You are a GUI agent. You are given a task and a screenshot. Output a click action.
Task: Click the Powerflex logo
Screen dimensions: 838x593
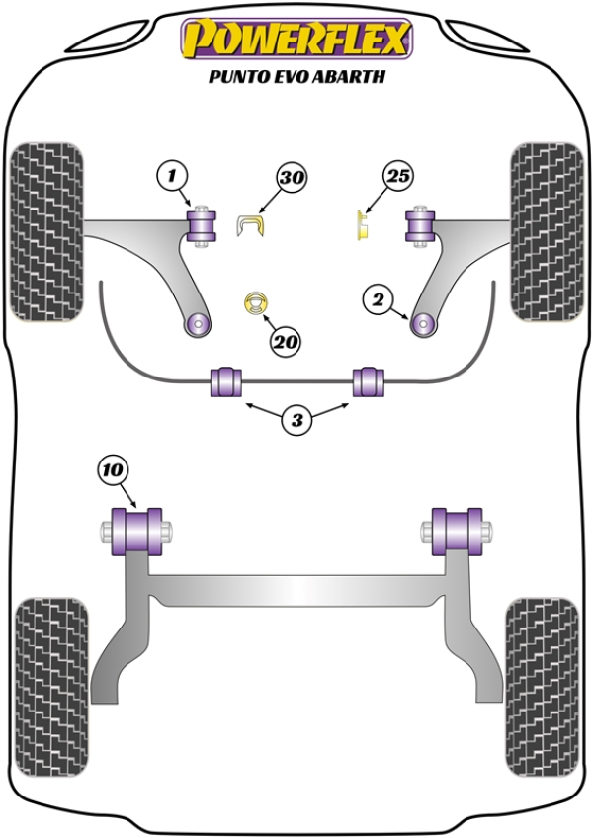click(295, 41)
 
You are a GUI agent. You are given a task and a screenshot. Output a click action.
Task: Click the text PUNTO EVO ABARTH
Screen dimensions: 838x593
click(295, 75)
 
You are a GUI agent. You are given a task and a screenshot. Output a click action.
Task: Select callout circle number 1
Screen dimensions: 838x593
click(171, 177)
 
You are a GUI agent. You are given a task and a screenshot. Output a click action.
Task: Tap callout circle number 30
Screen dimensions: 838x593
click(291, 178)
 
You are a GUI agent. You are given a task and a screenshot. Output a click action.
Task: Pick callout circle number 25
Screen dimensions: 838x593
click(397, 177)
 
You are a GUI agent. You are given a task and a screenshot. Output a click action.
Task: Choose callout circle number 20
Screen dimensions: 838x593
click(285, 343)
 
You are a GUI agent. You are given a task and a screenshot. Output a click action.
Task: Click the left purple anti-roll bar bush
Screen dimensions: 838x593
click(224, 381)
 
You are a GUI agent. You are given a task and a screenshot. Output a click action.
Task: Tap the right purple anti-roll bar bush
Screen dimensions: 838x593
click(370, 381)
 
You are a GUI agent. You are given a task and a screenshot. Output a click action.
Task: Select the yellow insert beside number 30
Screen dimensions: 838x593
click(253, 225)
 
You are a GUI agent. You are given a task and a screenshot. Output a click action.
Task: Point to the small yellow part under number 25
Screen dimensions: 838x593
click(362, 225)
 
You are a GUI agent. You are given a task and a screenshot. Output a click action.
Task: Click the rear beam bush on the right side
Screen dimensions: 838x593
click(456, 533)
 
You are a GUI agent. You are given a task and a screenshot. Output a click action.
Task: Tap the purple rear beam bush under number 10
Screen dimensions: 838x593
click(137, 533)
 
